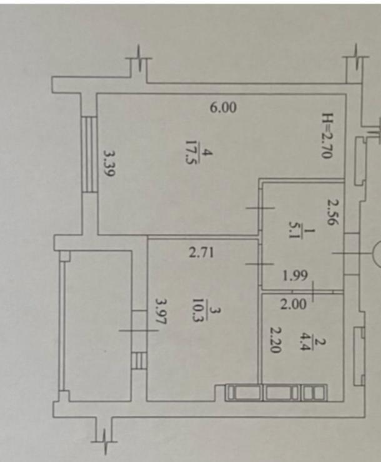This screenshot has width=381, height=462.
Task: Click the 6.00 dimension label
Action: click(x=223, y=108)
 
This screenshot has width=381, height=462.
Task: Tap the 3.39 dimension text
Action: click(x=109, y=163)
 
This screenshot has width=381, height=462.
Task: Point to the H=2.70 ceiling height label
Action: click(x=327, y=136)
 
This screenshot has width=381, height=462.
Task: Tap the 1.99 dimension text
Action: click(x=295, y=276)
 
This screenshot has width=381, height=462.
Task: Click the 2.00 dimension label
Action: click(x=294, y=304)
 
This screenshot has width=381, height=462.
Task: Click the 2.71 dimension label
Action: click(x=201, y=253)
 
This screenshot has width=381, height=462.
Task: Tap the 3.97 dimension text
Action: click(x=161, y=312)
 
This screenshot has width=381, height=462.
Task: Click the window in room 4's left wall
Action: click(x=89, y=154)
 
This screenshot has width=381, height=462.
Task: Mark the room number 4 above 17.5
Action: click(x=207, y=153)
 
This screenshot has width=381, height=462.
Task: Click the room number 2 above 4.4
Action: click(x=321, y=343)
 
